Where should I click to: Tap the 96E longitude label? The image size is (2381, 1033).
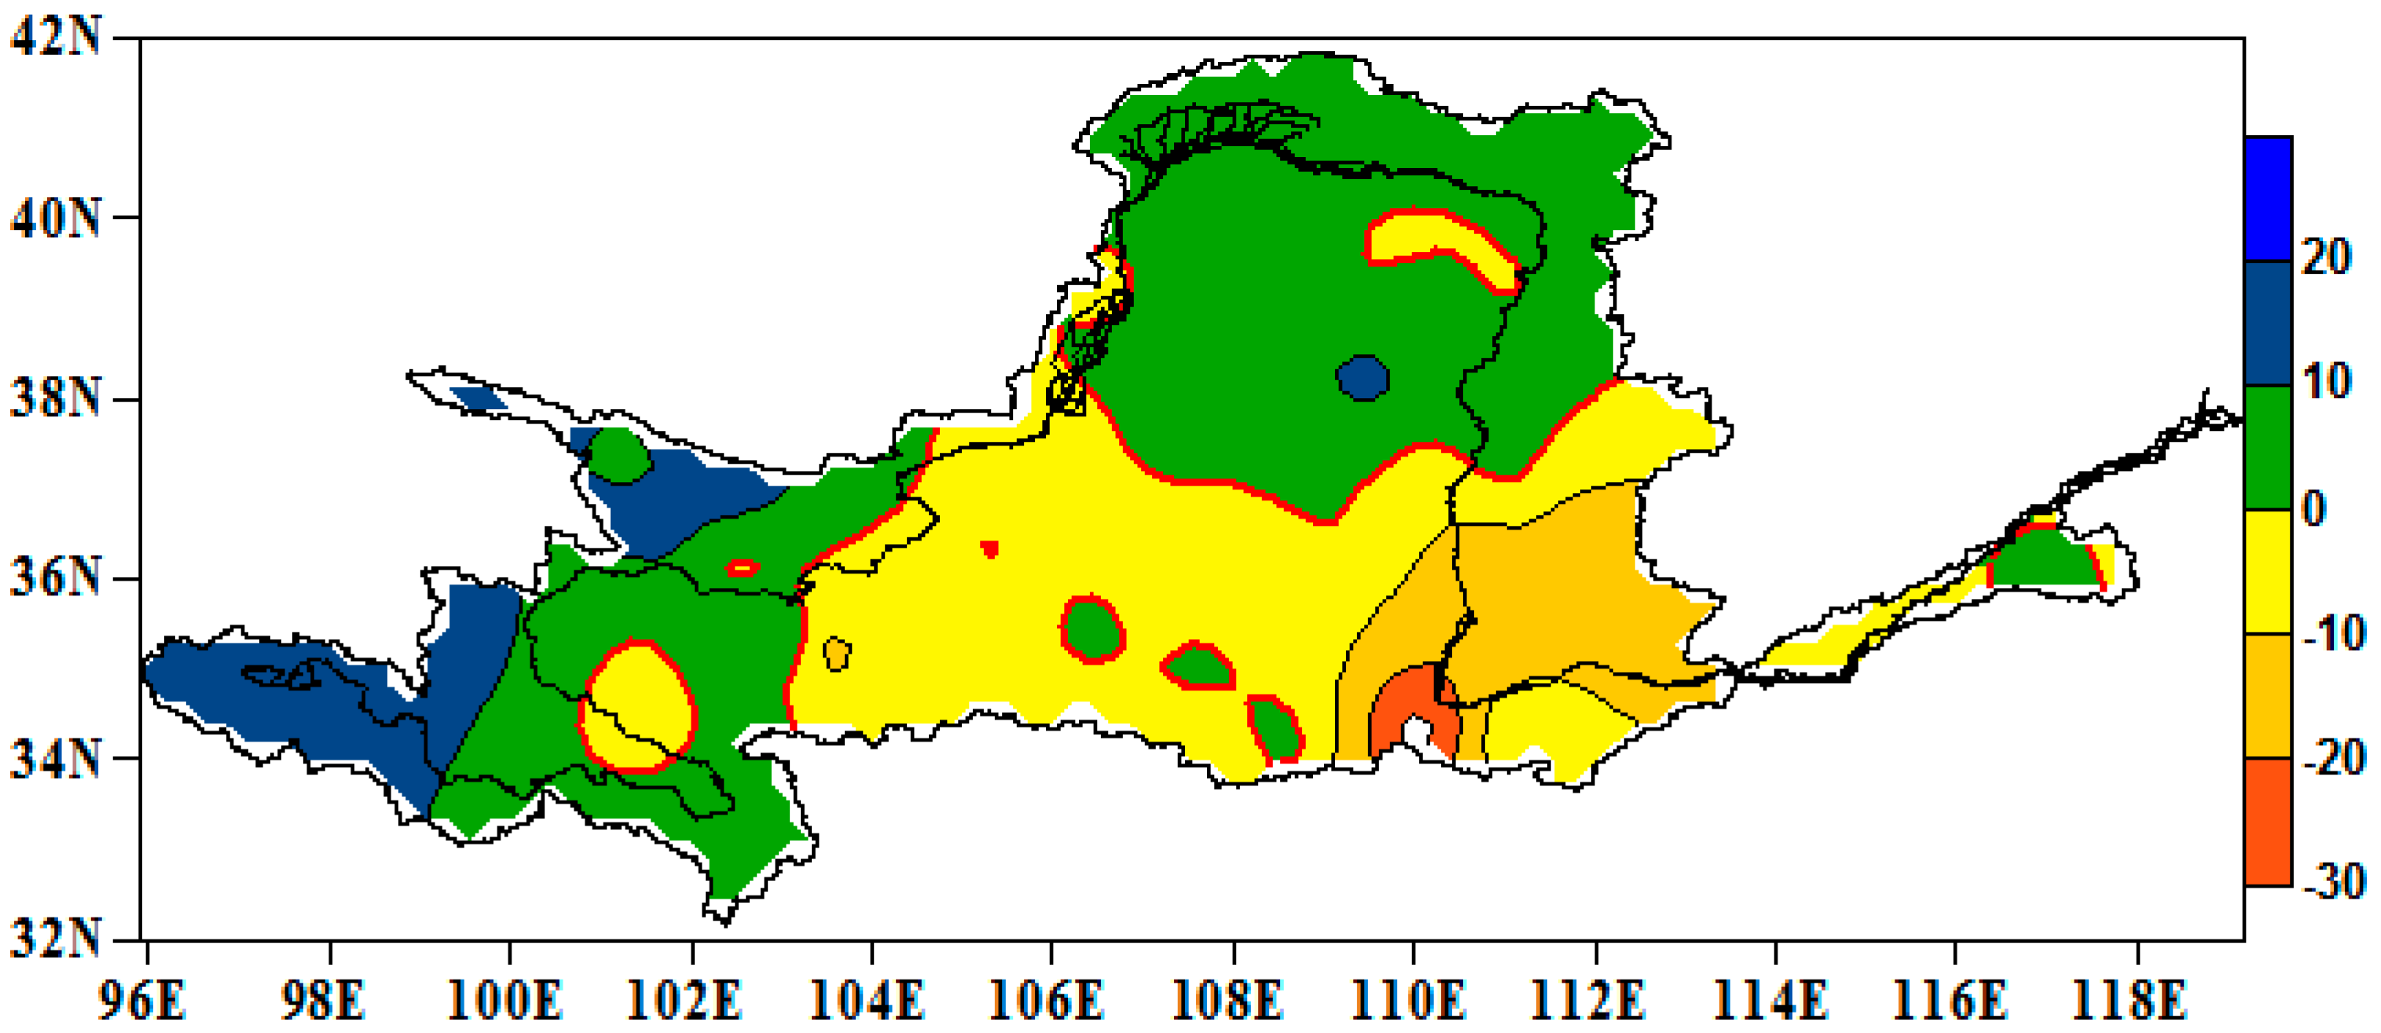point(141,1000)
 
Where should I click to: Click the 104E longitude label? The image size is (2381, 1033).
point(868,1000)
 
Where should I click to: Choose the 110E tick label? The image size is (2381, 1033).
point(1410,1000)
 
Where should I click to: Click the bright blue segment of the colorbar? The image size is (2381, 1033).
point(2268,199)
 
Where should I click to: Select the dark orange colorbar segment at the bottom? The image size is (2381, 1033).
point(2268,822)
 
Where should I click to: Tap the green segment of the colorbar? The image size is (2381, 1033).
point(2268,447)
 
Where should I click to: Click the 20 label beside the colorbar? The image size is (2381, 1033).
point(2327,257)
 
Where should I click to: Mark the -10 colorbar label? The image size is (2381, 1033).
point(2335,634)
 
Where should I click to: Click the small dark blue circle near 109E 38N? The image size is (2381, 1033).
point(1363,378)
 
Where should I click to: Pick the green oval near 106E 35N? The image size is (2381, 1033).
point(1093,630)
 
